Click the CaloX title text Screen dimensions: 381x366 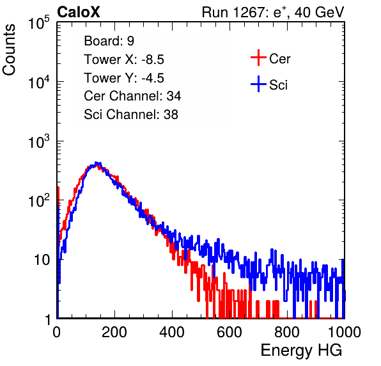pyautogui.click(x=79, y=12)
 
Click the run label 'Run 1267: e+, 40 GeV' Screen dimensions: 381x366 pyautogui.click(x=273, y=12)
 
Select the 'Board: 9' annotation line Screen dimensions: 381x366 pyautogui.click(x=109, y=41)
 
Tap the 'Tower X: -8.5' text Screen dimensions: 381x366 pyautogui.click(x=124, y=60)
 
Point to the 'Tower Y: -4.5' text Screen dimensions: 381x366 pyautogui.click(x=124, y=78)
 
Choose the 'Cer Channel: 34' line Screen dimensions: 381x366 pyautogui.click(x=132, y=96)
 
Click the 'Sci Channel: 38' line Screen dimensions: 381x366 pyautogui.click(x=131, y=115)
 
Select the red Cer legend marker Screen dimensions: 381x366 pyautogui.click(x=258, y=58)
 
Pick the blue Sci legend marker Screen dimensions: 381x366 pyautogui.click(x=258, y=84)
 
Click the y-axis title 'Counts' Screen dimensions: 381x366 pyautogui.click(x=9, y=50)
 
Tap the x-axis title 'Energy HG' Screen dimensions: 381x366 pyautogui.click(x=301, y=351)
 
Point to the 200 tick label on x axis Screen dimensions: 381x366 pyautogui.click(x=114, y=332)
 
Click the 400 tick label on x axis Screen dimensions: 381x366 pyautogui.click(x=172, y=332)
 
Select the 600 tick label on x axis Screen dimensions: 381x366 pyautogui.click(x=229, y=332)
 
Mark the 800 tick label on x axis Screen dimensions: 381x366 pyautogui.click(x=287, y=332)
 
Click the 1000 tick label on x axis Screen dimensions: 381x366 pyautogui.click(x=345, y=332)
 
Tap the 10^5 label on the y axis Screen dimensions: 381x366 pyautogui.click(x=39, y=22)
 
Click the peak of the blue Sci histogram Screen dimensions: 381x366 pyautogui.click(x=97, y=163)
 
